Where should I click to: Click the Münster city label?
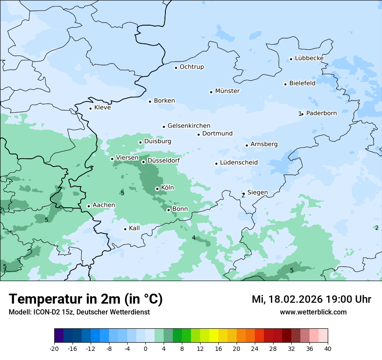tap(227, 91)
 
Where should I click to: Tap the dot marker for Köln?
tap(157, 189)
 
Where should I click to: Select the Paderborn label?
tap(321, 113)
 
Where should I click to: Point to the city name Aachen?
tap(104, 205)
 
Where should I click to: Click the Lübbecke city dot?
tap(291, 59)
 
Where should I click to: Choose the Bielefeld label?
tap(302, 83)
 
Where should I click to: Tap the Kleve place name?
tap(102, 108)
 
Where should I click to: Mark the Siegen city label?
tap(257, 193)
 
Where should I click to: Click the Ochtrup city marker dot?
tap(176, 67)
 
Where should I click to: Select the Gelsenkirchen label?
tap(189, 126)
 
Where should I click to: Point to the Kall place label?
tap(135, 228)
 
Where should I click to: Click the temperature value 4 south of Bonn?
tap(194, 238)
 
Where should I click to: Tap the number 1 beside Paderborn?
tap(300, 114)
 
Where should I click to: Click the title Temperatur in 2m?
tap(86, 299)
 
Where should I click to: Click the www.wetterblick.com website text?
tap(313, 312)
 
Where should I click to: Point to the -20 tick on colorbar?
tap(54, 349)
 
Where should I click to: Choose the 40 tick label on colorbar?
tap(328, 349)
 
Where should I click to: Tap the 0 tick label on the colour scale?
tap(145, 349)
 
